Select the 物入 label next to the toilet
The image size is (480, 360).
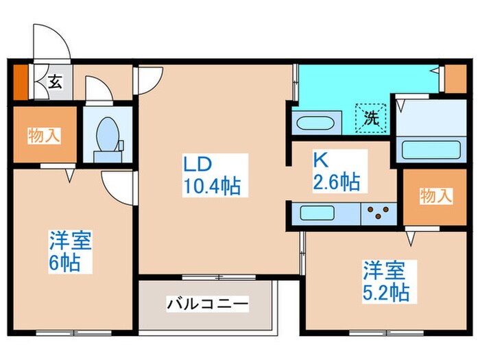click(43, 135)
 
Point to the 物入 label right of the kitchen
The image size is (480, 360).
click(435, 196)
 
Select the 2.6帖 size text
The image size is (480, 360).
click(336, 182)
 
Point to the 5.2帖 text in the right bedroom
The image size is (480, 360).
click(387, 293)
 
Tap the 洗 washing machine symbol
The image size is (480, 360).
click(370, 117)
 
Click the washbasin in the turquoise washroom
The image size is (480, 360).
click(314, 125)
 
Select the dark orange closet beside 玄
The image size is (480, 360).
click(21, 82)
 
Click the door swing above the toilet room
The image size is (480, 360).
click(98, 89)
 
